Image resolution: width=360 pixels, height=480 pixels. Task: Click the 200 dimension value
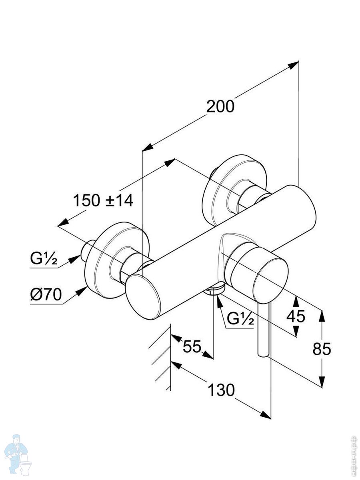tap(220, 107)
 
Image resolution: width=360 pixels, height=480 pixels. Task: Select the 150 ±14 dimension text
tap(103, 200)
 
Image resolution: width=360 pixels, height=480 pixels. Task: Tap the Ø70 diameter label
tap(46, 295)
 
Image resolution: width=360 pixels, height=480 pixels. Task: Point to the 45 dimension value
tap(296, 316)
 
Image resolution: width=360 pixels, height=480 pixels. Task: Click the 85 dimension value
tap(322, 349)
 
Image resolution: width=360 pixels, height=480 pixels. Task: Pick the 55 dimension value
tap(192, 346)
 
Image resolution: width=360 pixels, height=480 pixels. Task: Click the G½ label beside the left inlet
tap(44, 260)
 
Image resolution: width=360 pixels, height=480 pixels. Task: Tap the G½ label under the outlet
tap(240, 319)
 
